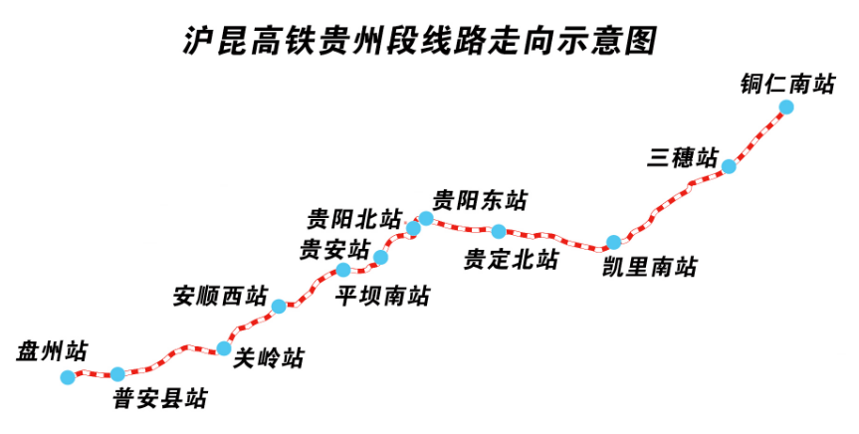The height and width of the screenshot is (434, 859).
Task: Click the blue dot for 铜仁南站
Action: pyautogui.click(x=786, y=107)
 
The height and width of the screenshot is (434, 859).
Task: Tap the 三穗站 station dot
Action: pyautogui.click(x=729, y=166)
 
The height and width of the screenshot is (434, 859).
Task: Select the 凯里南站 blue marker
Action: pyautogui.click(x=614, y=242)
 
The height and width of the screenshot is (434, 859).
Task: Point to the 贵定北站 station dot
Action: pyautogui.click(x=499, y=232)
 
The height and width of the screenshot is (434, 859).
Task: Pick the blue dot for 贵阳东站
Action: pyautogui.click(x=426, y=218)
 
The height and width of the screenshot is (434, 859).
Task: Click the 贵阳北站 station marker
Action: pyautogui.click(x=413, y=229)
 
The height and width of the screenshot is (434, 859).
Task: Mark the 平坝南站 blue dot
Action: pyautogui.click(x=380, y=258)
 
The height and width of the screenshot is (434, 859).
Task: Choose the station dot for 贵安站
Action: pyautogui.click(x=343, y=270)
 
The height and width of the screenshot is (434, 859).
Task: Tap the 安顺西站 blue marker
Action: pyautogui.click(x=279, y=306)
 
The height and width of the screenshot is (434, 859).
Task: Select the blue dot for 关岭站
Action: pyautogui.click(x=224, y=348)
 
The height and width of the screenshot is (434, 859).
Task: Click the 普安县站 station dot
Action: pyautogui.click(x=117, y=374)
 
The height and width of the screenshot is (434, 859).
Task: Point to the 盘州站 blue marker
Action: pyautogui.click(x=67, y=377)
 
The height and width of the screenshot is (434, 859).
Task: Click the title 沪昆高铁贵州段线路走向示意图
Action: pyautogui.click(x=421, y=40)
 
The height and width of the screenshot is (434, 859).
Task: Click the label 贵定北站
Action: pyautogui.click(x=512, y=260)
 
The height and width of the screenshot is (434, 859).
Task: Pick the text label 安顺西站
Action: pyautogui.click(x=220, y=296)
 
